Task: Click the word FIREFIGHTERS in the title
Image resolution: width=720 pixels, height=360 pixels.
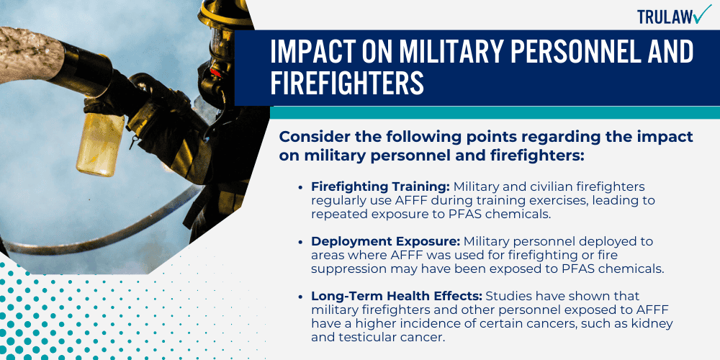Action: pos(347,82)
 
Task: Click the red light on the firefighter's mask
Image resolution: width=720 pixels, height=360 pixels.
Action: pos(215,73)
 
